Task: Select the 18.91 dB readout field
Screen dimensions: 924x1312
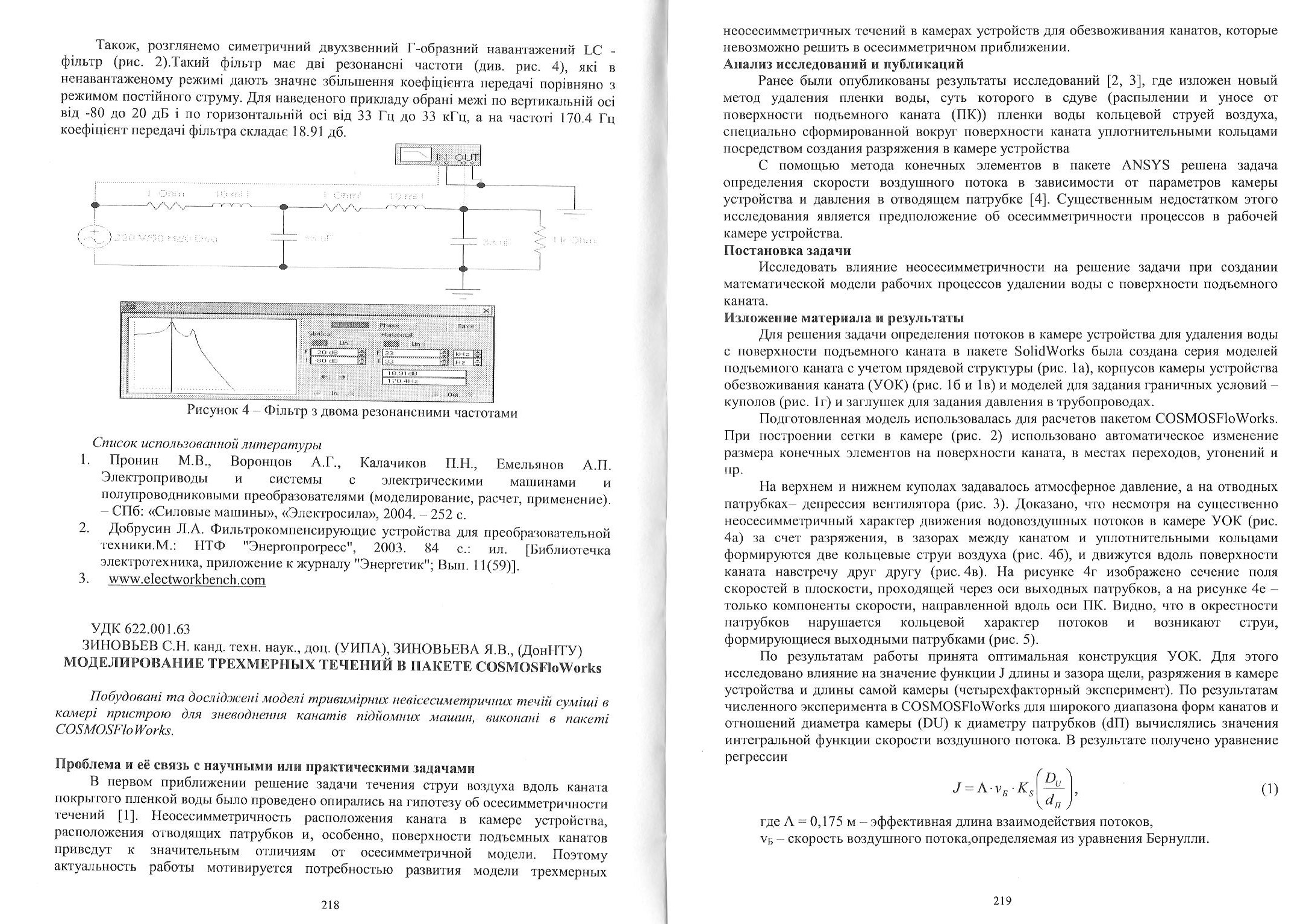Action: click(424, 373)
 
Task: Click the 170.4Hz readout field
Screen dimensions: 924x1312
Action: click(424, 381)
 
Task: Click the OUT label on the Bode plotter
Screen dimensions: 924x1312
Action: click(467, 158)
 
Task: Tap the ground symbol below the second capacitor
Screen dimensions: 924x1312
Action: click(463, 293)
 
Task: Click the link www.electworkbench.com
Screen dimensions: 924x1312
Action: click(187, 580)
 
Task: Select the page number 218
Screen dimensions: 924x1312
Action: click(330, 904)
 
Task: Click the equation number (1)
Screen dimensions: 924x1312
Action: click(1269, 789)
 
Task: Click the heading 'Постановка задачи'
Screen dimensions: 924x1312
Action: click(787, 250)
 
